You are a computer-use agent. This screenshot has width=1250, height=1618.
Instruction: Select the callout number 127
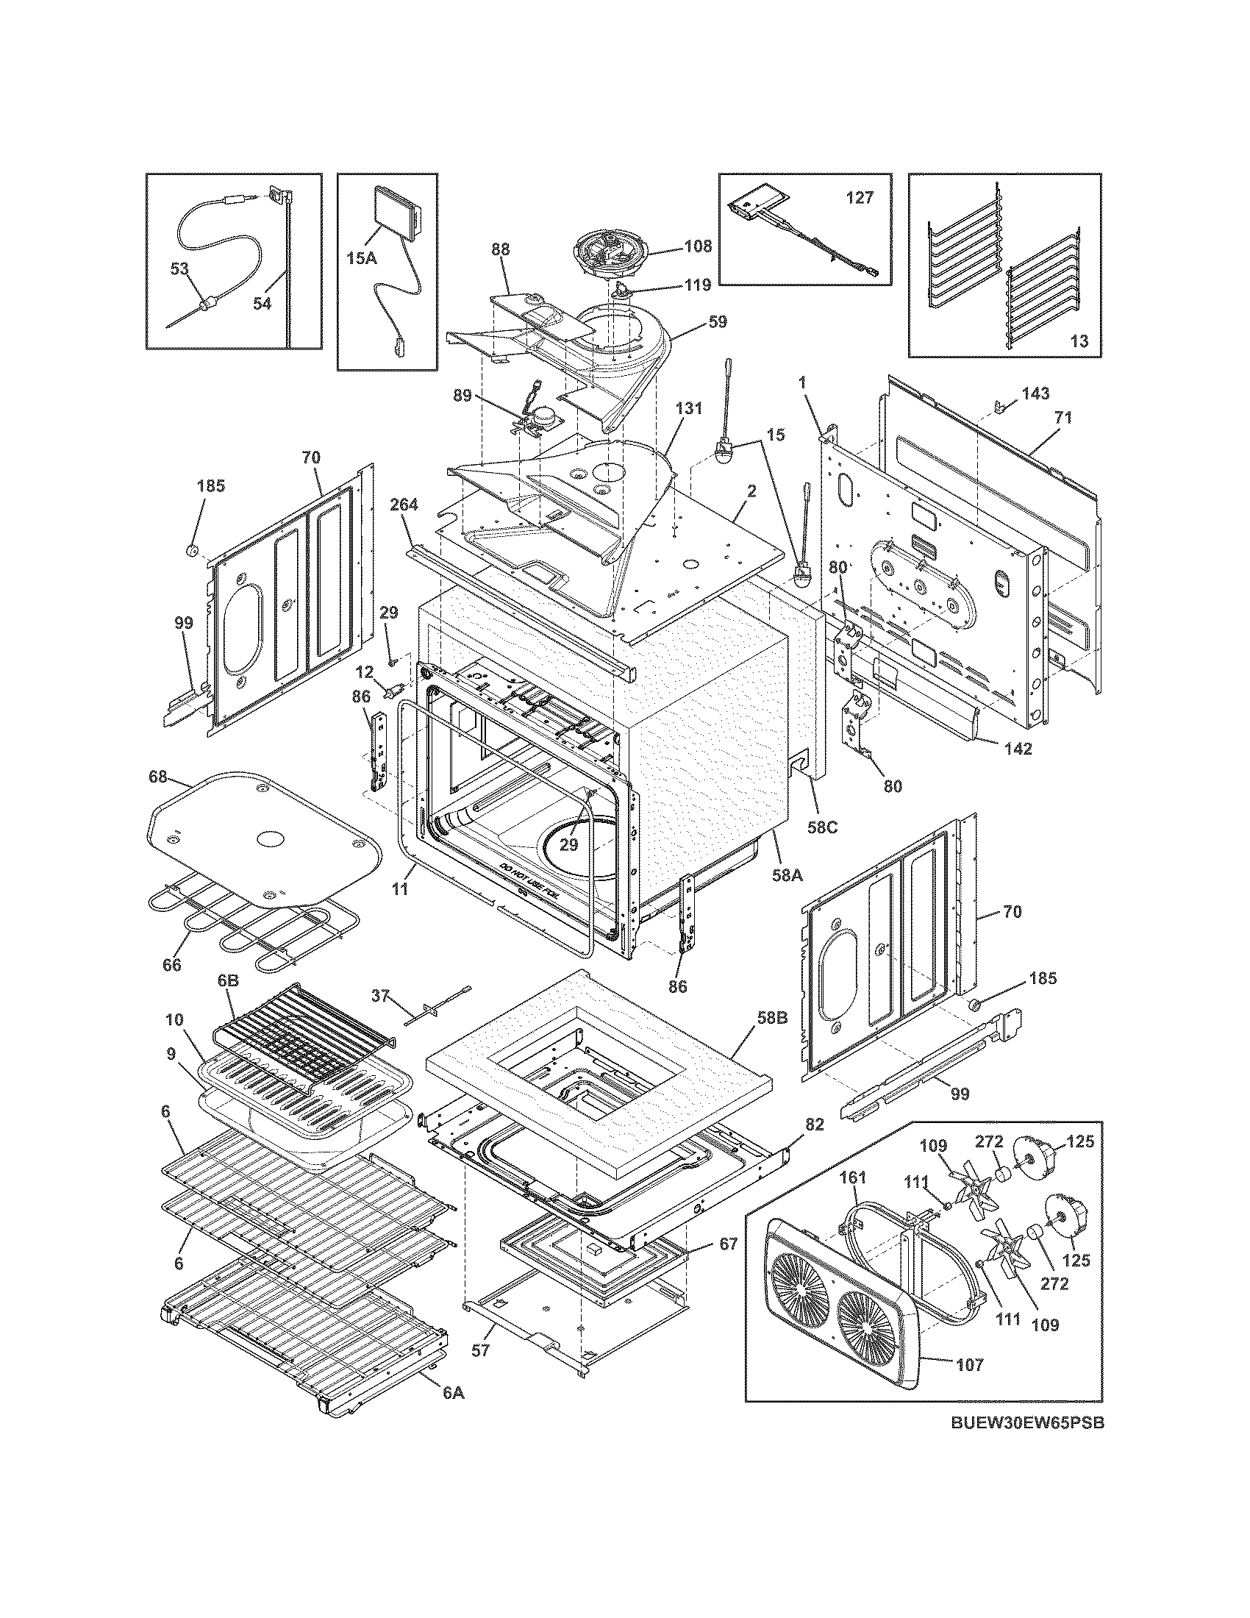[x=860, y=198]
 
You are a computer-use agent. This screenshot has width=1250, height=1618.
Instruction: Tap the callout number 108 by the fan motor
[x=698, y=246]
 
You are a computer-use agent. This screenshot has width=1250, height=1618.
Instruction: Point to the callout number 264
[x=404, y=505]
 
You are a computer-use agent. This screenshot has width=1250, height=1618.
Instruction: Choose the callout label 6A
[x=453, y=1392]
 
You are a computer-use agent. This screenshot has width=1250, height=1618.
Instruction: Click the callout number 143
[x=1035, y=393]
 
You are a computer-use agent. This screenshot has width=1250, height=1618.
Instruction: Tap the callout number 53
[x=180, y=268]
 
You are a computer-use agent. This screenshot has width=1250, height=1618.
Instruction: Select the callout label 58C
[x=822, y=827]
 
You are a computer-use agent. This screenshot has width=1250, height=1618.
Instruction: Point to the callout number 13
[x=1079, y=341]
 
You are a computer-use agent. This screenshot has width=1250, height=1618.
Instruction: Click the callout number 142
[x=1018, y=748]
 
